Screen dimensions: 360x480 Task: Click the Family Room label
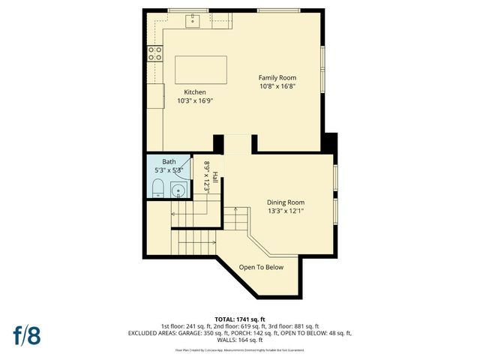[277, 78]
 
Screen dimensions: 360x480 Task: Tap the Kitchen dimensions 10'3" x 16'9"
[190, 100]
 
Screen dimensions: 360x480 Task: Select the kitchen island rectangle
[200, 69]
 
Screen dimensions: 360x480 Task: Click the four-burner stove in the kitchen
[155, 52]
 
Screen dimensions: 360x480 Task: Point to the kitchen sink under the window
[193, 19]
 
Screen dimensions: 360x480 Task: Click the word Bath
[169, 162]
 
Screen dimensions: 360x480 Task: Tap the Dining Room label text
[286, 202]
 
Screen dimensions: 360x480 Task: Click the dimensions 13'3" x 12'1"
[286, 211]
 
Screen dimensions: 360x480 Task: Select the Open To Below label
[261, 267]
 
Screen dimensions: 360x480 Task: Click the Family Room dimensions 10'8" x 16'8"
[277, 86]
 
